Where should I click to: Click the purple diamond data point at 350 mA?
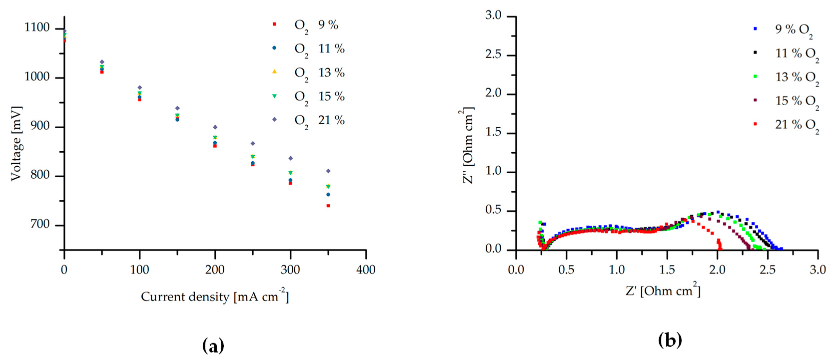[328, 171]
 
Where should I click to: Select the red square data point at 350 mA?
[328, 206]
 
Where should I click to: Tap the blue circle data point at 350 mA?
[328, 195]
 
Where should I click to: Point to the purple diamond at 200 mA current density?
[215, 127]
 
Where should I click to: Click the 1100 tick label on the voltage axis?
[37, 28]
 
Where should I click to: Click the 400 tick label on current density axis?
[366, 270]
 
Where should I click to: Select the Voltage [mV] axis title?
[16, 143]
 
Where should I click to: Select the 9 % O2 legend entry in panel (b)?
[794, 29]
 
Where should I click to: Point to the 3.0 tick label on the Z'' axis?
[493, 15]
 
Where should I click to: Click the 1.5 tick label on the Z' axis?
[667, 270]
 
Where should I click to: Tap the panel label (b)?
[670, 341]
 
